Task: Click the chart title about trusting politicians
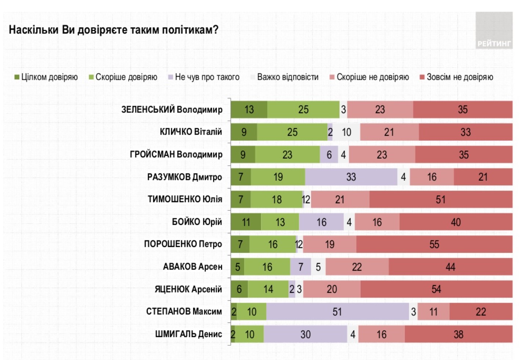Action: (x=114, y=30)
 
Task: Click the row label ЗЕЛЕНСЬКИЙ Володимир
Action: (x=172, y=109)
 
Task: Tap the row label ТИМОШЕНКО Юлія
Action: (x=185, y=199)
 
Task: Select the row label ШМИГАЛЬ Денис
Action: (x=188, y=334)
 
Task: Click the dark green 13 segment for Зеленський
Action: (x=249, y=109)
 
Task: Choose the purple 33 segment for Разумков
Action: (x=351, y=177)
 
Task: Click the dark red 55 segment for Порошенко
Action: (x=434, y=244)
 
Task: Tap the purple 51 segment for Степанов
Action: (x=337, y=312)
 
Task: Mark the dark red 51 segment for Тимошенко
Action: (x=440, y=199)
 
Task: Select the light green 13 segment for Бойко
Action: (x=280, y=222)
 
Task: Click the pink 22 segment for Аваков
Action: (x=357, y=267)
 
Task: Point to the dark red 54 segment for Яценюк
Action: (x=436, y=289)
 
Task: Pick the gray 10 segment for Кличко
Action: (x=346, y=132)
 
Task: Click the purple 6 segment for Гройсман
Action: (x=329, y=155)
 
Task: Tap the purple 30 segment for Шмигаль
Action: (x=305, y=334)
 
